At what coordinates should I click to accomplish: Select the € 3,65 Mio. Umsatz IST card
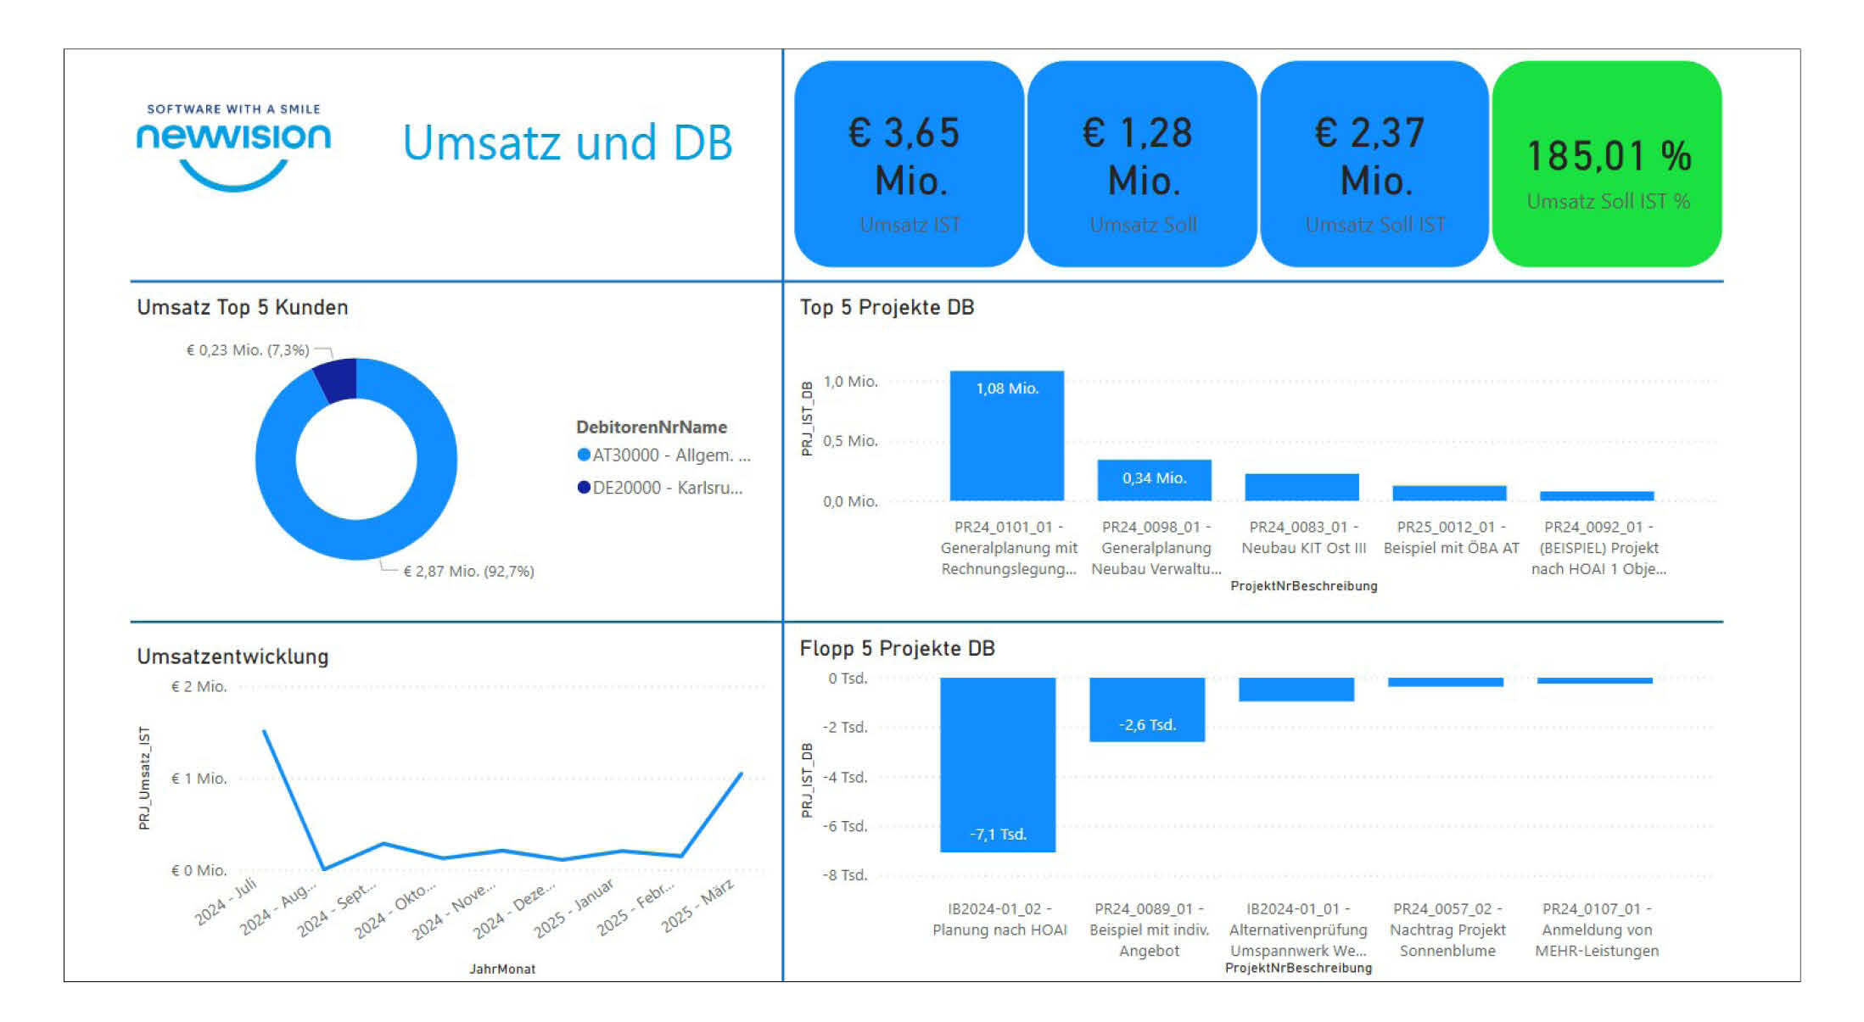click(x=909, y=164)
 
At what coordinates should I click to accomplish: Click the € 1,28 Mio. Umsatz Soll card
click(x=1142, y=164)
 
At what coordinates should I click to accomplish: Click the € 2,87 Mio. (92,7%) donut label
click(x=468, y=572)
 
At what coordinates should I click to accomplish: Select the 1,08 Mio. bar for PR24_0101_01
click(x=1006, y=437)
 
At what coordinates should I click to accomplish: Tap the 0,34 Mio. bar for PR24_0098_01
click(x=1154, y=480)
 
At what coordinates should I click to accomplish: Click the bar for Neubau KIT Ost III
click(x=1301, y=488)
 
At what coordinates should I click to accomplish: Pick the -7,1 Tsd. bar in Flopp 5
click(x=998, y=763)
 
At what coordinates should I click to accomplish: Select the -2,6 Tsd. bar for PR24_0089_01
click(x=1147, y=709)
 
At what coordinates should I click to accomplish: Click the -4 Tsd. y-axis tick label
click(x=845, y=777)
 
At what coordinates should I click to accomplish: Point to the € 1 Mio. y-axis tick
click(x=199, y=779)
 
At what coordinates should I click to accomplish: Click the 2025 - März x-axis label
click(x=698, y=907)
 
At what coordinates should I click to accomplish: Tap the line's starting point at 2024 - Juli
click(x=265, y=731)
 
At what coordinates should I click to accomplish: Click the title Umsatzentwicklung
click(x=232, y=656)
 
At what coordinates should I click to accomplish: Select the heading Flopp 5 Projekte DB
click(x=897, y=649)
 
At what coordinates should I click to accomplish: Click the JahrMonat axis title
click(x=502, y=969)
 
